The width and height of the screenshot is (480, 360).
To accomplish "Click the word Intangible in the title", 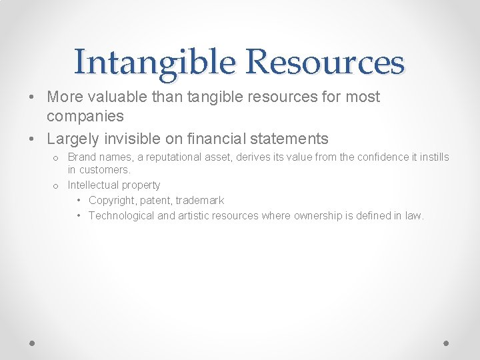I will pos(155,62).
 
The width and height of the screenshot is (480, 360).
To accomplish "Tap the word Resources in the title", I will pos(325,62).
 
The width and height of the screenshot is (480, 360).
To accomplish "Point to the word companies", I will pos(85,116).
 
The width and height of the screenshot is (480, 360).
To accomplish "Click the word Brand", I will pos(82,157).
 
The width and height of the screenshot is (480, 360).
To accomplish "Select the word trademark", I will pos(200,200).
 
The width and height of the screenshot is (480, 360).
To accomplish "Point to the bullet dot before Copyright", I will pos(79,200).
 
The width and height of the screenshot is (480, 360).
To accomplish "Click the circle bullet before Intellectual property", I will pos(56,185).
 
